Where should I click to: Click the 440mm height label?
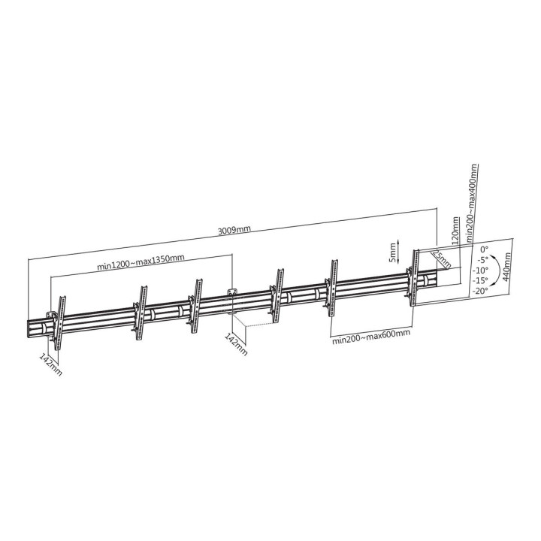(x=507, y=266)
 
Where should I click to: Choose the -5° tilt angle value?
(x=481, y=259)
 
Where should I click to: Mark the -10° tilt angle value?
(x=479, y=270)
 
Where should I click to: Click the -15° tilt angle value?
(x=479, y=280)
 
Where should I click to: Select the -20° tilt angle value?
(x=479, y=290)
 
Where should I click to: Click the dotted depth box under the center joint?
(x=252, y=325)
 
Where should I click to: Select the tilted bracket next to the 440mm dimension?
(x=413, y=278)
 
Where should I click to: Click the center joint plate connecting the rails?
(x=232, y=300)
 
